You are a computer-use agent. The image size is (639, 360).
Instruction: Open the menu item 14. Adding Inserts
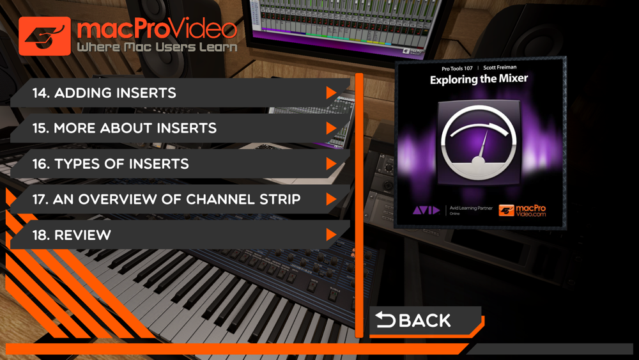click(x=180, y=93)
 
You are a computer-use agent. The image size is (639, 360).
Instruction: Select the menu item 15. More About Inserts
click(x=180, y=129)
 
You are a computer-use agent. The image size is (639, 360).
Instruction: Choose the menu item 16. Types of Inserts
click(x=180, y=164)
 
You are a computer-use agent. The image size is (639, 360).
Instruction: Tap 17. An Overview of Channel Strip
click(x=180, y=200)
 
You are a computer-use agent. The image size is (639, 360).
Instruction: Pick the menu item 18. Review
click(x=180, y=235)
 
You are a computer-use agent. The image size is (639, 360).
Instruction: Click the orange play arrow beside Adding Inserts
click(x=331, y=93)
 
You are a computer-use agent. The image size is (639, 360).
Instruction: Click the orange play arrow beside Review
click(x=331, y=235)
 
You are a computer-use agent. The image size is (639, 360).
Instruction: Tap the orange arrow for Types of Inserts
click(x=331, y=164)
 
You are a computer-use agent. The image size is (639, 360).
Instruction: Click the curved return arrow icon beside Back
click(x=385, y=320)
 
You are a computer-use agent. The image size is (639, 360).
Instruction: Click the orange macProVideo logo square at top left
click(x=45, y=36)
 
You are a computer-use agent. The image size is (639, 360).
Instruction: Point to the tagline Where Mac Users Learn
click(x=157, y=47)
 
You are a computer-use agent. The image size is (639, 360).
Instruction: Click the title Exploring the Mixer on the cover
click(x=479, y=79)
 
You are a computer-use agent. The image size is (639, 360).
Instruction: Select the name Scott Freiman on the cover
click(x=500, y=67)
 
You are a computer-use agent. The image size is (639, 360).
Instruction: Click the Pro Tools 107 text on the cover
click(x=457, y=68)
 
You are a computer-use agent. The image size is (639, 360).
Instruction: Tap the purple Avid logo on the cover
click(x=426, y=210)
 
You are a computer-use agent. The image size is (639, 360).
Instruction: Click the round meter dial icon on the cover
click(x=479, y=143)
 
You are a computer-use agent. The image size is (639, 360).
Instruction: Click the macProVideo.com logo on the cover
click(x=522, y=210)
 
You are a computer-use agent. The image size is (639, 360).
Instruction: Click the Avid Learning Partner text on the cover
click(x=471, y=208)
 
